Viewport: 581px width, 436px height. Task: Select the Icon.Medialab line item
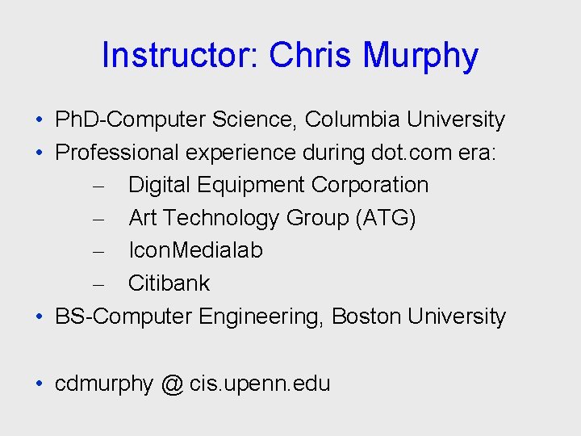(x=195, y=250)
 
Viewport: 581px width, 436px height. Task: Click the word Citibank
(x=169, y=283)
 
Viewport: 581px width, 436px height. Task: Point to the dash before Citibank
(x=96, y=283)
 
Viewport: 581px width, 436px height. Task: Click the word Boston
(x=366, y=317)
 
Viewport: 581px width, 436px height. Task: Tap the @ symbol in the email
(x=172, y=384)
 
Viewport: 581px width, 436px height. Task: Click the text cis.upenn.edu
(x=260, y=384)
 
